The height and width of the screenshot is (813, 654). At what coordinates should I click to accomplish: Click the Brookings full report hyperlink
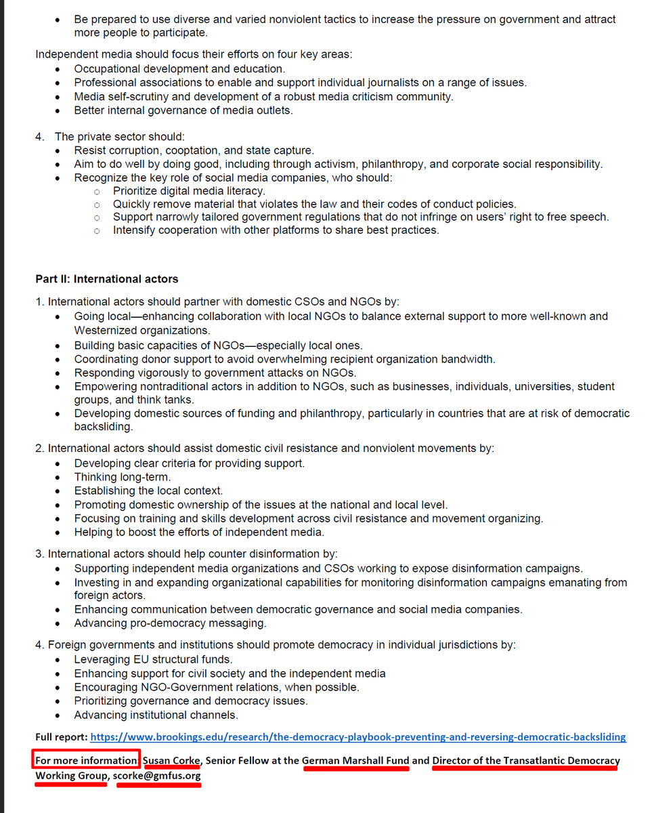pos(357,736)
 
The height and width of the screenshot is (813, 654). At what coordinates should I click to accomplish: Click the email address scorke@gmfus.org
pos(158,775)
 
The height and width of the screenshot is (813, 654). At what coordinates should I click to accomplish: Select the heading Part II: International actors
pos(107,278)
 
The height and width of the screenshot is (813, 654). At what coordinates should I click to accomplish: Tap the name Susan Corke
pos(171,760)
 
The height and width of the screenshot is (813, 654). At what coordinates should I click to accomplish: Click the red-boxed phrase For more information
pos(87,760)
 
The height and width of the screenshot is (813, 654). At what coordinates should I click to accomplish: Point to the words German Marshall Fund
pos(355,760)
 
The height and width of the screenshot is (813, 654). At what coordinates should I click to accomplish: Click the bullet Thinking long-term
pos(122,477)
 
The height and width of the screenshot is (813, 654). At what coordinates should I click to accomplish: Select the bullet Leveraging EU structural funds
pos(153,659)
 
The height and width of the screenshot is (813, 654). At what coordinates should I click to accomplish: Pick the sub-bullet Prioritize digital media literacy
pos(189,191)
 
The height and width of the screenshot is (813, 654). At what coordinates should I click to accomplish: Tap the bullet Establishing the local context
pos(148,491)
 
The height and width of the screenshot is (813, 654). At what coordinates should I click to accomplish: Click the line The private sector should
pos(119,137)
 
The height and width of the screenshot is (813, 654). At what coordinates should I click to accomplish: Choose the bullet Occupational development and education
pos(179,69)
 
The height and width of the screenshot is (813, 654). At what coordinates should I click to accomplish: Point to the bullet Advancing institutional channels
pos(156,715)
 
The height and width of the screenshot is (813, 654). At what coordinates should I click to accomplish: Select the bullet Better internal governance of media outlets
pos(183,110)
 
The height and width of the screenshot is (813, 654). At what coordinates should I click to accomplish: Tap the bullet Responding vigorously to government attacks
pos(215,373)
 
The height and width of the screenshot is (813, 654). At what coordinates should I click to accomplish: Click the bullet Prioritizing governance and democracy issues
pos(191,701)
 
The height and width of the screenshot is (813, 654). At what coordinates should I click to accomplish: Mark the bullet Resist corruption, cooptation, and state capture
pos(194,150)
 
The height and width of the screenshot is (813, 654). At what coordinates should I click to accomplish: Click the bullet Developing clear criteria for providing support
pos(190,463)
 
